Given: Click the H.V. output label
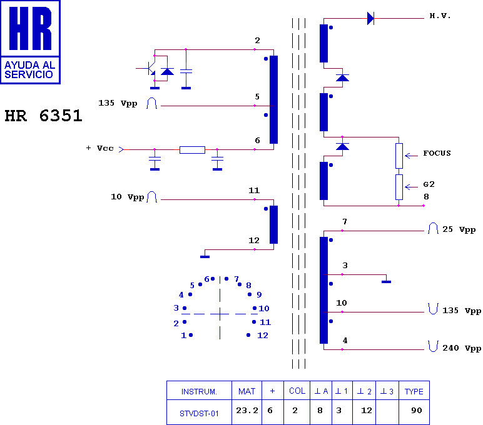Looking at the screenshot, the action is (440, 16).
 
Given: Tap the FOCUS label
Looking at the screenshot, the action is (437, 153).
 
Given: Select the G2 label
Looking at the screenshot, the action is (429, 184).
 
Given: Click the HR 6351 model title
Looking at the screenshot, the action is (43, 116).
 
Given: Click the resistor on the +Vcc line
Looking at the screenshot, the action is (192, 150).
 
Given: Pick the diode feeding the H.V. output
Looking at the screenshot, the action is (370, 19).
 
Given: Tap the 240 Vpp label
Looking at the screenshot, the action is (462, 348).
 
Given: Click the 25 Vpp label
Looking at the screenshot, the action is (459, 229).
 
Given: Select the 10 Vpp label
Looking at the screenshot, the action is (128, 197).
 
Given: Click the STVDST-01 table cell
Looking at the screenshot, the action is (199, 414).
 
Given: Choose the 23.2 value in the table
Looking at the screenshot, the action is (247, 410).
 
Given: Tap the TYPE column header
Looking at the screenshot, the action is (414, 391).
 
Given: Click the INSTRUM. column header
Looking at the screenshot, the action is (199, 391).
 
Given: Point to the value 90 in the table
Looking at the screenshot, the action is (417, 410).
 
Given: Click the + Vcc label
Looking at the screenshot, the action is (100, 148).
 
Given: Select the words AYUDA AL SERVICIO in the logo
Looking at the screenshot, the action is (29, 70).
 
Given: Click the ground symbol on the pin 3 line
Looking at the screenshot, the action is (386, 282).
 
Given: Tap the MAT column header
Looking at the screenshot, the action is (247, 391).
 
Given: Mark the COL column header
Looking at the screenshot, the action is (297, 391).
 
